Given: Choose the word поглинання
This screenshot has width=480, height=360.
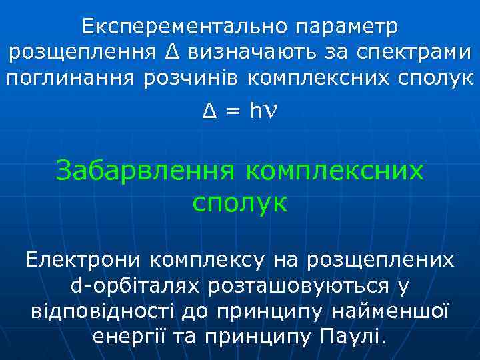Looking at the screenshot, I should point(70,78).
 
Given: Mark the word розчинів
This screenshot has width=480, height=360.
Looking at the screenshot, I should point(192,78).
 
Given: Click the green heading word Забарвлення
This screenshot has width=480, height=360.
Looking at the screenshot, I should point(145,171).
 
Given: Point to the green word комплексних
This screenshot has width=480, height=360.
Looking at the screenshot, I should point(335,171).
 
